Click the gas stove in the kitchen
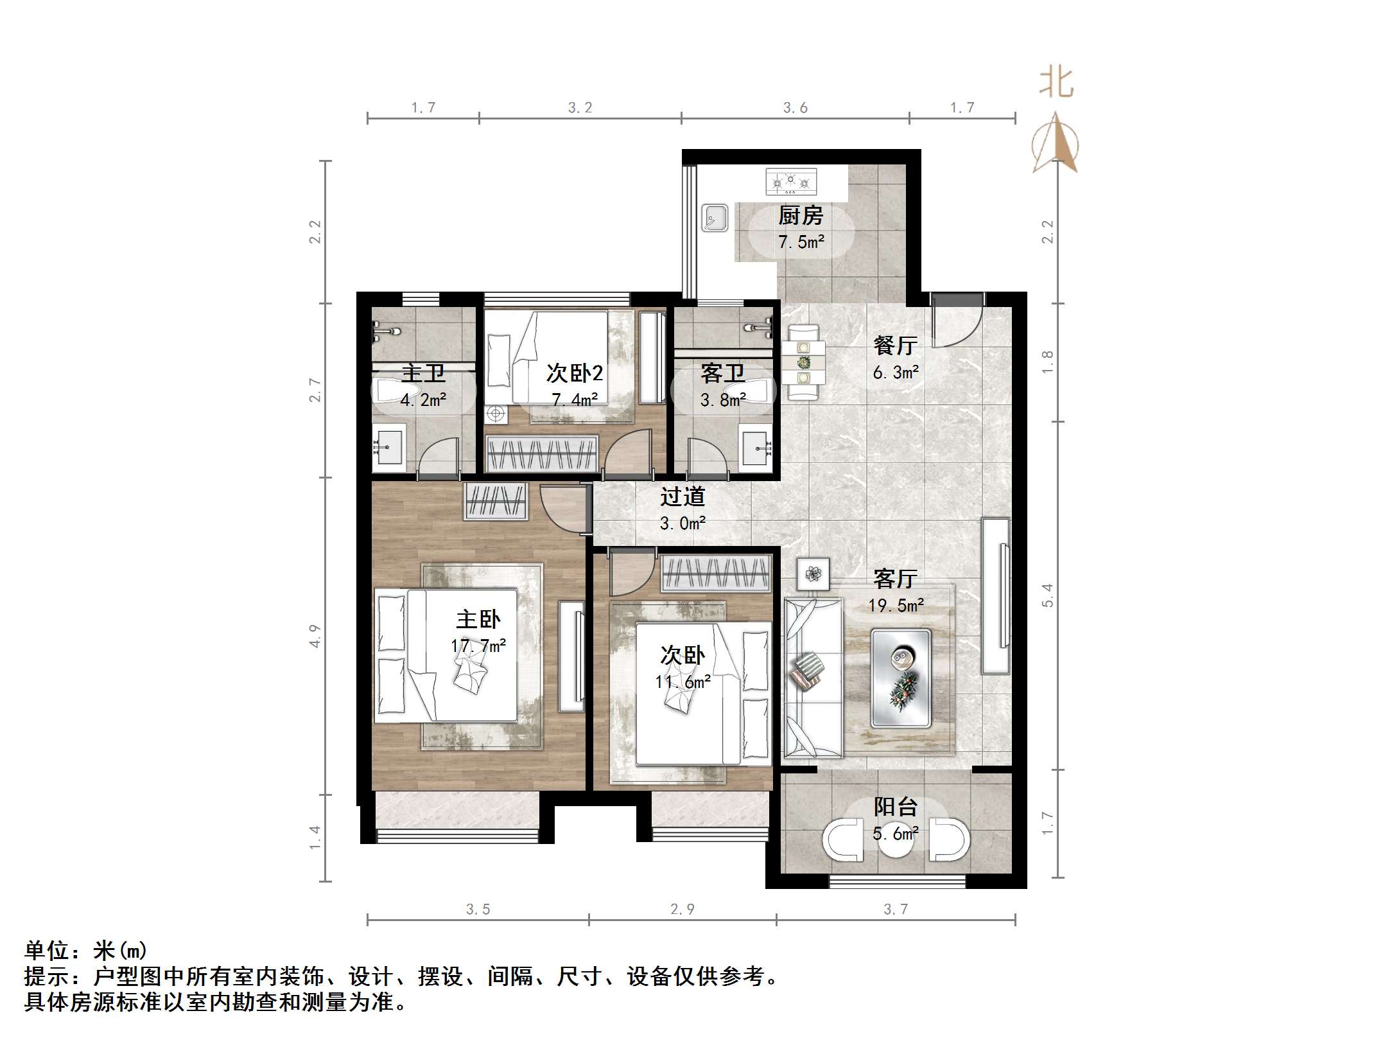click(790, 182)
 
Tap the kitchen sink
click(714, 218)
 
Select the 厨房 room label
click(800, 216)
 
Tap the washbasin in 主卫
click(388, 446)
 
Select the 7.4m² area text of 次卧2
click(575, 400)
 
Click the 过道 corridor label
click(683, 497)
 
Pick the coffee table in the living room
click(900, 678)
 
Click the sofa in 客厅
click(812, 678)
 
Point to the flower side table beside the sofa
click(813, 574)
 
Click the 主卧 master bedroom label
click(478, 619)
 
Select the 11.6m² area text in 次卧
click(683, 682)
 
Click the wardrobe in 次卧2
click(543, 453)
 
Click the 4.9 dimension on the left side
click(315, 636)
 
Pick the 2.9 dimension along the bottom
click(682, 909)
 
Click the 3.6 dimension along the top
click(795, 108)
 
